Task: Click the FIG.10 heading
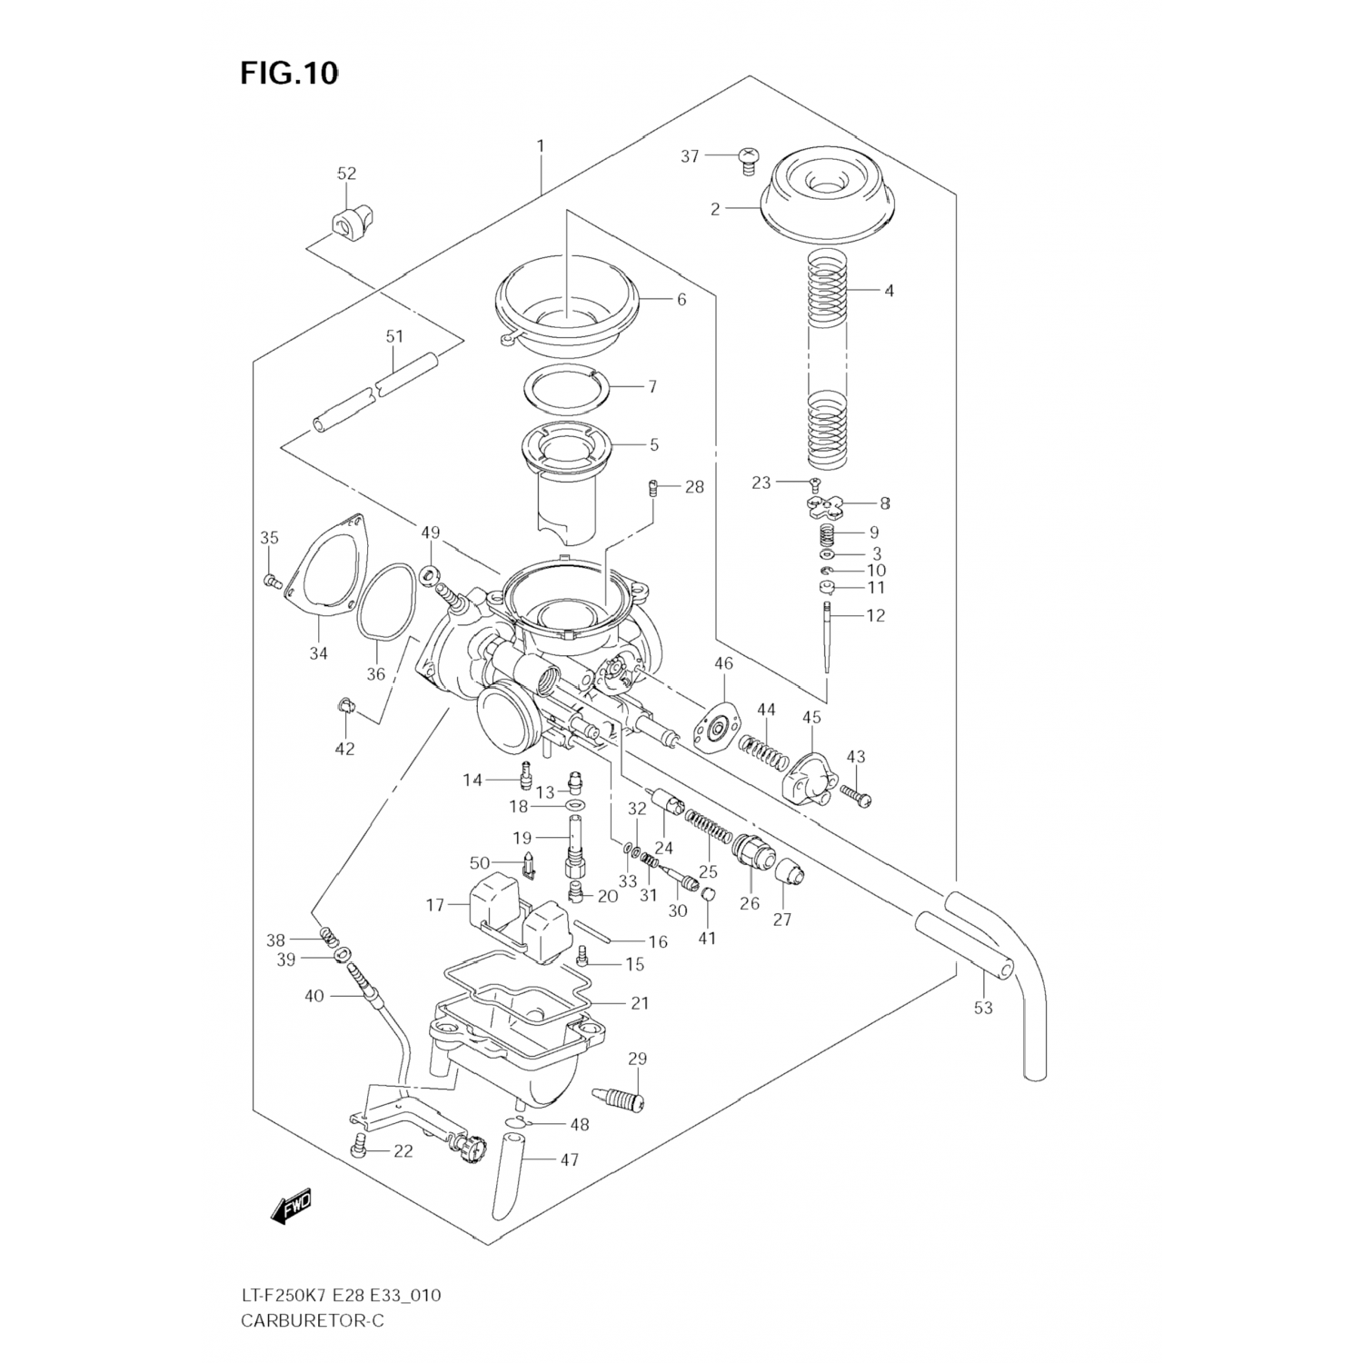click(x=289, y=74)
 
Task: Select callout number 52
click(x=346, y=174)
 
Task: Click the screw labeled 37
click(x=749, y=162)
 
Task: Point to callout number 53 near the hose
click(x=983, y=1007)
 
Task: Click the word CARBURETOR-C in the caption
click(x=313, y=1320)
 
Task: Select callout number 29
click(x=637, y=1059)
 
